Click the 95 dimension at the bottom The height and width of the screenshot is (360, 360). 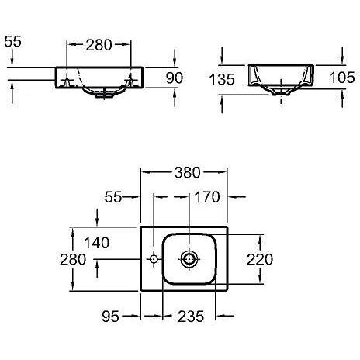pyautogui.click(x=110, y=316)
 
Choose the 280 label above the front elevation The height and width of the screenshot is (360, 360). pyautogui.click(x=98, y=44)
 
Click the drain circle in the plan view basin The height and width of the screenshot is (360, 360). pyautogui.click(x=189, y=258)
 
